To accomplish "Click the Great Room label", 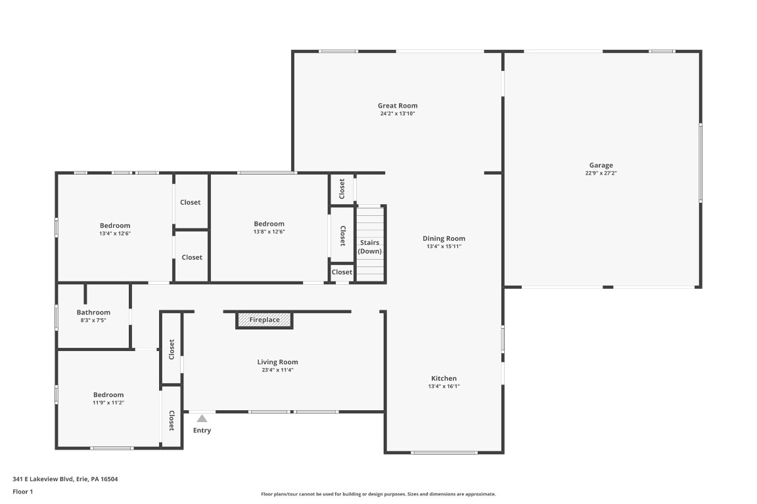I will [x=397, y=106].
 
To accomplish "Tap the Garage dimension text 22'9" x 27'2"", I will [x=601, y=173].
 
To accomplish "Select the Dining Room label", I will [x=444, y=239].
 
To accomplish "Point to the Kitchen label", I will [x=444, y=379].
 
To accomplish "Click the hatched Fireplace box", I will [x=264, y=320].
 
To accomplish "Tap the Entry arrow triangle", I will [x=202, y=418].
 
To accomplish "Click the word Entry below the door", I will [x=202, y=430].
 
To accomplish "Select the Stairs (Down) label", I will [x=369, y=247].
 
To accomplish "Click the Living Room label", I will [x=277, y=362].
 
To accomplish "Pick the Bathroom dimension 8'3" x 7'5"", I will [x=93, y=320].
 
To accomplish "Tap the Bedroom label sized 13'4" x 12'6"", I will [x=115, y=226].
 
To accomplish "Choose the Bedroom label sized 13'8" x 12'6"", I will [x=269, y=224].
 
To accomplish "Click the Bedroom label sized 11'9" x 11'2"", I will [x=108, y=395].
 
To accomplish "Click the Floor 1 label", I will [x=22, y=492].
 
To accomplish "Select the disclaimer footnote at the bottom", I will [x=378, y=494].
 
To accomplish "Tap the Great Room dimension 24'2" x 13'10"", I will [x=397, y=114].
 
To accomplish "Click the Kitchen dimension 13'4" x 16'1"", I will [x=444, y=387].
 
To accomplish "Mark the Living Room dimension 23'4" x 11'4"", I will [x=277, y=370].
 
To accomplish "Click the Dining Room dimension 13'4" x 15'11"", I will [x=444, y=247].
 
